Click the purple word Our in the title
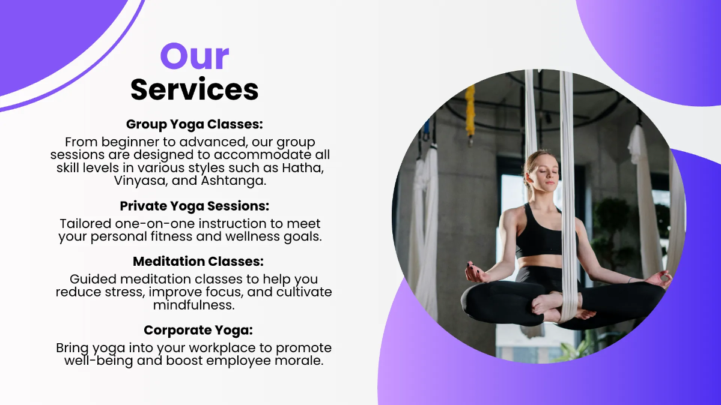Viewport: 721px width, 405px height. click(x=195, y=56)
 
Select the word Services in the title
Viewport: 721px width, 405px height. click(x=195, y=89)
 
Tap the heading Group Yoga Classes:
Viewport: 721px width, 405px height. click(x=195, y=124)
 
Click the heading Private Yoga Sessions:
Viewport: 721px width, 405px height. click(x=195, y=206)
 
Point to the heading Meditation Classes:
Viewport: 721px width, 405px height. click(x=195, y=262)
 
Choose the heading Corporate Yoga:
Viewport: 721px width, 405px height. click(x=195, y=330)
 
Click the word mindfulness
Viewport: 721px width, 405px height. click(x=193, y=305)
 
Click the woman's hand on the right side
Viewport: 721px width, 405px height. click(x=658, y=279)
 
